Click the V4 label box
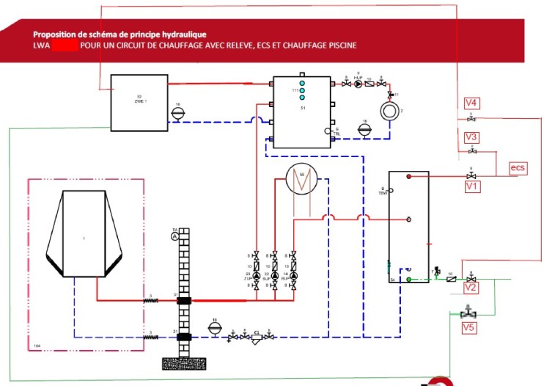pos(471,103)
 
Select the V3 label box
pos(471,136)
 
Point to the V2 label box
pos(471,288)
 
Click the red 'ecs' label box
pos(518,168)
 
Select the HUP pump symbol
pos(359,84)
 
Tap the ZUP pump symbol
pos(256,275)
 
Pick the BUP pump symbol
pos(294,275)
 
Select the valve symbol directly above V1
pos(471,175)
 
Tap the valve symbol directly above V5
pos(464,312)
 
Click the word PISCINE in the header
pos(338,45)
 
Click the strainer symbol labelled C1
pos(257,338)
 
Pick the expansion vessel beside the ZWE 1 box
pos(177,112)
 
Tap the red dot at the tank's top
pos(410,178)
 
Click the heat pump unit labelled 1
pos(84,234)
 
